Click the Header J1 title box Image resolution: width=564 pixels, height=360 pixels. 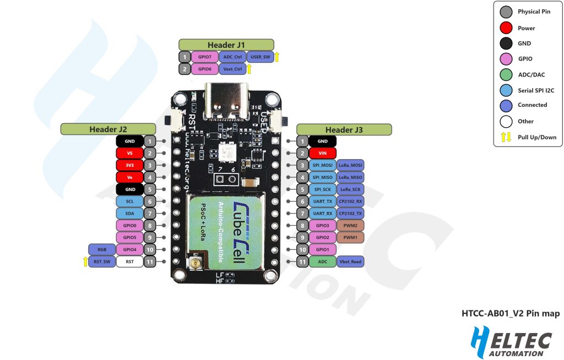226,45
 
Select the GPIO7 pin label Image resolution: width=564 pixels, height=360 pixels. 204,57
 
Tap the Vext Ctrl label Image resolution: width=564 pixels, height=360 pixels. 232,69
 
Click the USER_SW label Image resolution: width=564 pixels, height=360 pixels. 259,57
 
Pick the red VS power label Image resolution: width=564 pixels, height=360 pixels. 130,153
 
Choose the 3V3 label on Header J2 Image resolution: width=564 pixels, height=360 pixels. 130,165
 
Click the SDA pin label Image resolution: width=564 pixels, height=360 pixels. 130,213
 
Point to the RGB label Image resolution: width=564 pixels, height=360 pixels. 101,249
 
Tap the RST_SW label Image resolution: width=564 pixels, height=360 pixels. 101,262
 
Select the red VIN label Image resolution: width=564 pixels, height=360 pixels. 323,153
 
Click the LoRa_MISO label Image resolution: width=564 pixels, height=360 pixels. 350,177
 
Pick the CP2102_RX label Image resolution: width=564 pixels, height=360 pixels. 350,201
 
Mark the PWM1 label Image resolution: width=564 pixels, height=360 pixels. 350,238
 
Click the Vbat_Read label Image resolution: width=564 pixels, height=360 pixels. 350,262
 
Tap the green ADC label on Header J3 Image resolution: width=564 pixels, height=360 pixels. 323,262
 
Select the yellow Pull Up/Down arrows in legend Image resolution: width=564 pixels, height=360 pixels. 506,137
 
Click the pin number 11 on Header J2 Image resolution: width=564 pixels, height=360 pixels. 149,262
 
